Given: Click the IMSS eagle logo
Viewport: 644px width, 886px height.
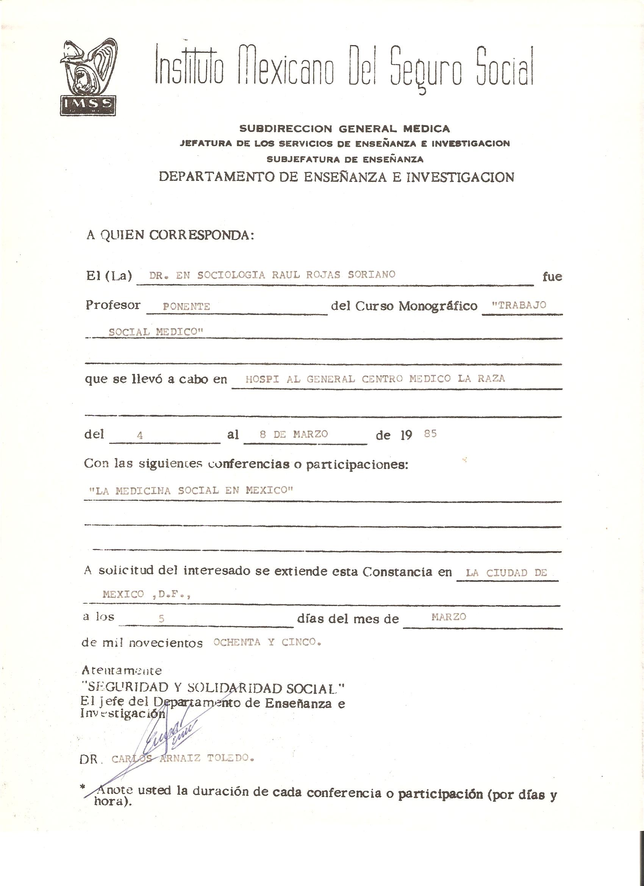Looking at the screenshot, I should click(x=88, y=77).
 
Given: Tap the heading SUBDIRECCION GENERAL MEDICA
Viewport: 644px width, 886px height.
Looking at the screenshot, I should click(x=344, y=128).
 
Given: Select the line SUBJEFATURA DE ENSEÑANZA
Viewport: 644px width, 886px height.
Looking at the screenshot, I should click(x=345, y=160).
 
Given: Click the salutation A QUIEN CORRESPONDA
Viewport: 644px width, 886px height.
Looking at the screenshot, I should click(x=170, y=235).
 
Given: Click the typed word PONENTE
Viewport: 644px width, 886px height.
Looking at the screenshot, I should click(x=186, y=307).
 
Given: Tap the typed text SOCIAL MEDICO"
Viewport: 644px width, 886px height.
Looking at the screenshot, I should click(x=156, y=332).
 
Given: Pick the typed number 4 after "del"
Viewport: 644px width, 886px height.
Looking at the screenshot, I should click(x=140, y=435).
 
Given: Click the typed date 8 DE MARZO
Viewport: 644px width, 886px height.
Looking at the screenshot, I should click(x=293, y=434).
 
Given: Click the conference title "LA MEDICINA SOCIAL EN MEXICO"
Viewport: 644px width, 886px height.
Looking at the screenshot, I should click(x=191, y=490).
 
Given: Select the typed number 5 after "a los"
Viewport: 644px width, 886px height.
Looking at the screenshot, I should click(x=161, y=618).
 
